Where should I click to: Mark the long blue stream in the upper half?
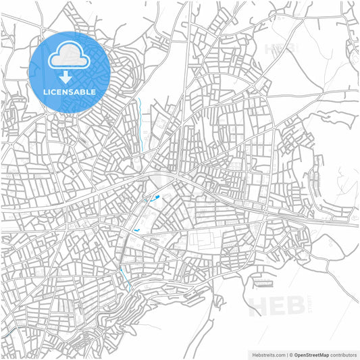tap(141, 122)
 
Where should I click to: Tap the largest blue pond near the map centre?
tap(156, 198)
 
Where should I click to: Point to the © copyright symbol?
tap(291, 354)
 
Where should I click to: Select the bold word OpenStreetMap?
tap(311, 354)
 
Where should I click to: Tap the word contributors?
tap(343, 354)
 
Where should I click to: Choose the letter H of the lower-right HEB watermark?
tap(258, 305)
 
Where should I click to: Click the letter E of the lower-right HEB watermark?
tap(277, 305)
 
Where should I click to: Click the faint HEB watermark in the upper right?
tap(280, 49)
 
